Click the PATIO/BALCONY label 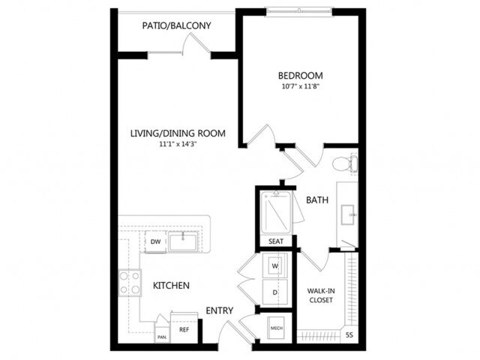[176, 26]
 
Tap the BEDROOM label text [300, 76]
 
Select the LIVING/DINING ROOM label [178, 134]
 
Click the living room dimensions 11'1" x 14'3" [178, 145]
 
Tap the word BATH [316, 200]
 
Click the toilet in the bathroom [344, 162]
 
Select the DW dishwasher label [155, 241]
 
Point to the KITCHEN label [171, 286]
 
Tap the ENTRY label [220, 311]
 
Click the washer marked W [274, 266]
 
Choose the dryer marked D [274, 292]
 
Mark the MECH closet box [275, 328]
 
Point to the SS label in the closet [349, 334]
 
